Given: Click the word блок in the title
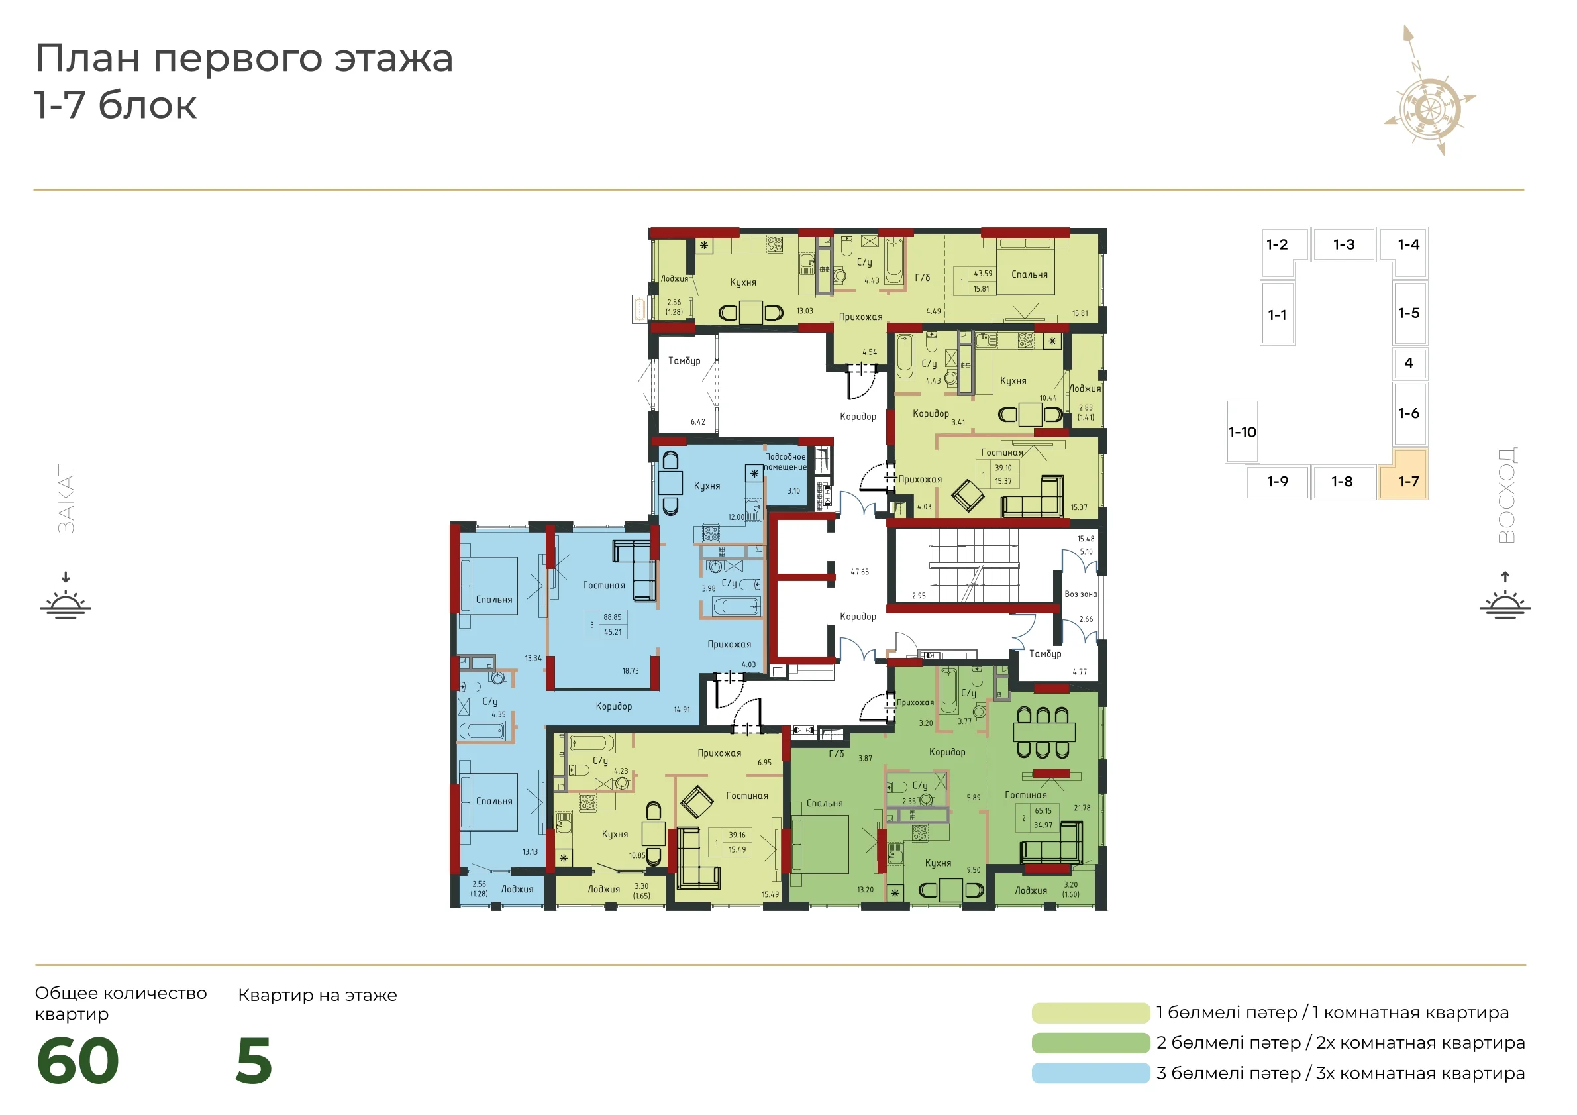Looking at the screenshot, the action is tap(148, 106).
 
